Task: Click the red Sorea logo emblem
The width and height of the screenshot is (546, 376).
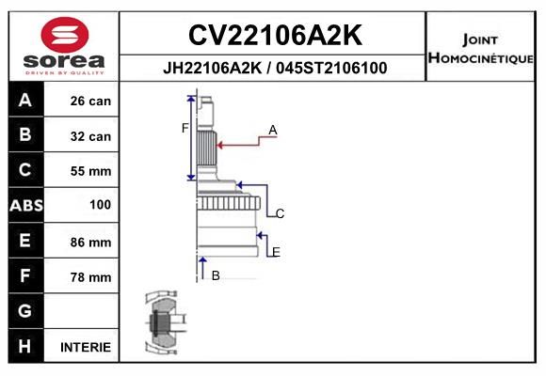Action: pyautogui.click(x=65, y=35)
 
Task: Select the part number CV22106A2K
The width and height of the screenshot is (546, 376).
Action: pyautogui.click(x=275, y=35)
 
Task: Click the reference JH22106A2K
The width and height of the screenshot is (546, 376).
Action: pyautogui.click(x=212, y=68)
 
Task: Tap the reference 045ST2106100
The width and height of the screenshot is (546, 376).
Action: pyautogui.click(x=331, y=68)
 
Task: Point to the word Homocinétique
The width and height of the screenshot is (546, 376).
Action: pyautogui.click(x=480, y=58)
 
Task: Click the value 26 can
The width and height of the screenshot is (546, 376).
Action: pyautogui.click(x=90, y=101)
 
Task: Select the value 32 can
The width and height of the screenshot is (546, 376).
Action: pyautogui.click(x=90, y=136)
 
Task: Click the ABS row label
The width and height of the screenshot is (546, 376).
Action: pyautogui.click(x=26, y=205)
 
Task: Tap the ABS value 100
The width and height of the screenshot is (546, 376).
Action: pyautogui.click(x=101, y=205)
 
